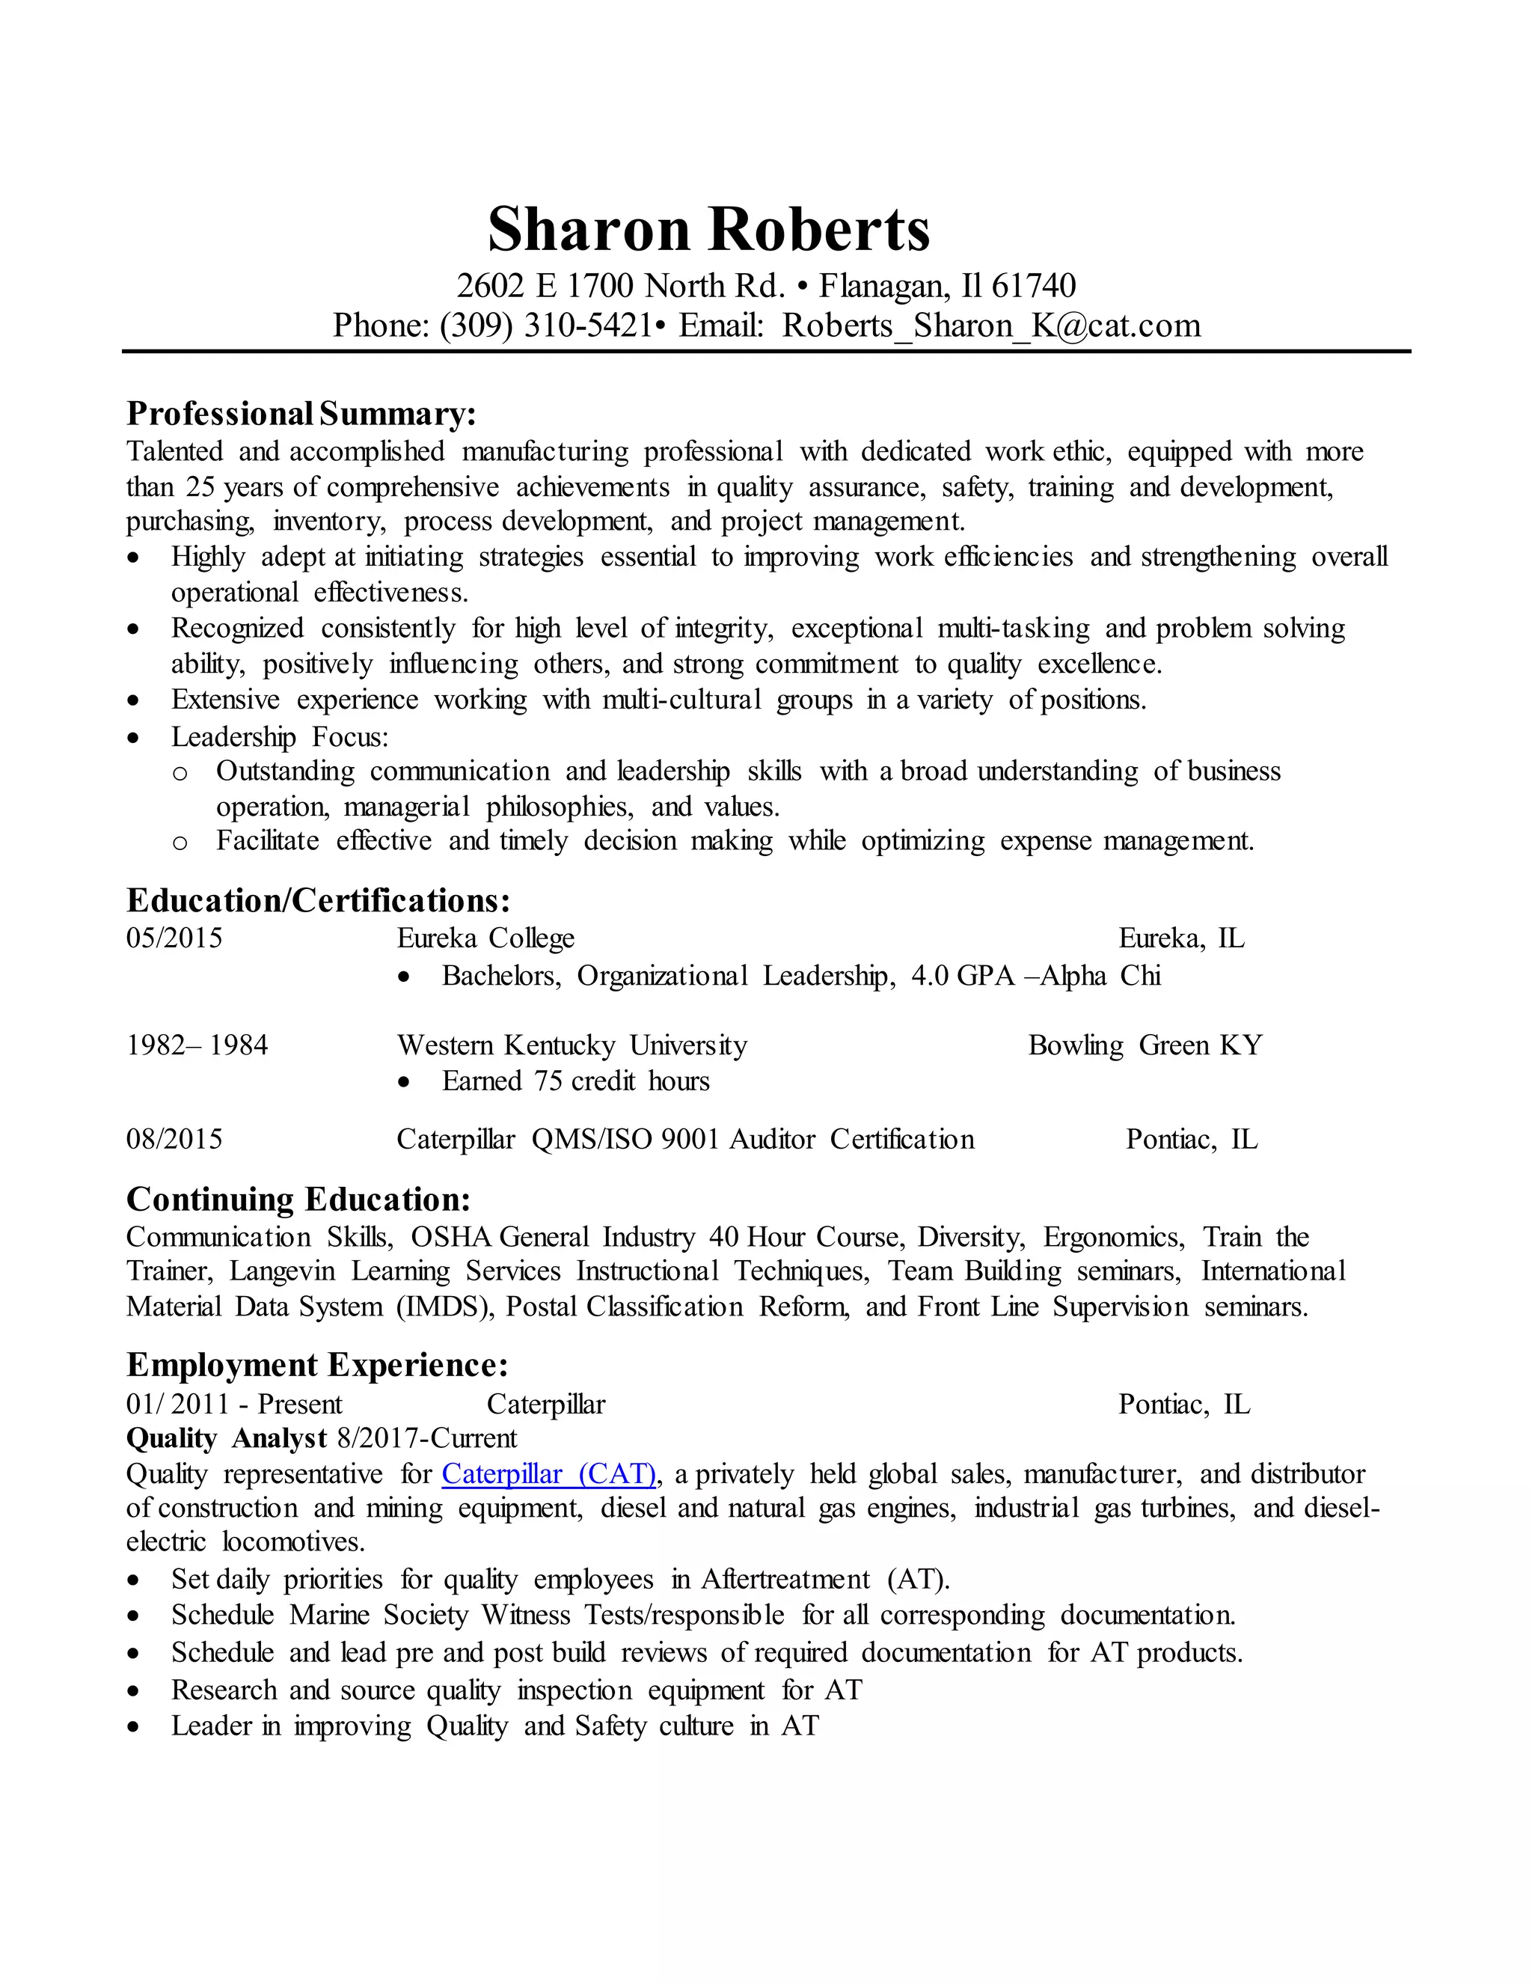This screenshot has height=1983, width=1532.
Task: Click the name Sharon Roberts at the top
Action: point(709,229)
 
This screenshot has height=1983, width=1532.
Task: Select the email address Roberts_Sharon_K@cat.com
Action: point(991,325)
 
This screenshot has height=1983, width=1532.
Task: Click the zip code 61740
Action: point(1033,286)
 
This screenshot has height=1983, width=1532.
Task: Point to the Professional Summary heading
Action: point(301,414)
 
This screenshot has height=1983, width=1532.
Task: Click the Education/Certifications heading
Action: point(318,901)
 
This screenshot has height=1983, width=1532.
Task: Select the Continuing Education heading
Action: point(298,1200)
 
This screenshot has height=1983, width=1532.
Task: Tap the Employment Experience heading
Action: point(316,1366)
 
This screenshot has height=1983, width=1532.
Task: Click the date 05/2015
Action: point(174,938)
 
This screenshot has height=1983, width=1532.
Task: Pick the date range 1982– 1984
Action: point(197,1045)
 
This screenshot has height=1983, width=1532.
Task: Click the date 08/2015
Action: point(174,1140)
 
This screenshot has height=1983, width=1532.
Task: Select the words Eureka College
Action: point(485,938)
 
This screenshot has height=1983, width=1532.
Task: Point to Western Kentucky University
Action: point(572,1045)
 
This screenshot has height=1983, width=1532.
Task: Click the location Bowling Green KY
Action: point(1145,1045)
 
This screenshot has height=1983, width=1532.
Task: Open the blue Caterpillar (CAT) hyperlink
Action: point(548,1473)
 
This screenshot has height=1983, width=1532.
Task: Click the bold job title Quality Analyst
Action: point(226,1438)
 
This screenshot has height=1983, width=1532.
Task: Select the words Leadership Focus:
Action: point(280,736)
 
